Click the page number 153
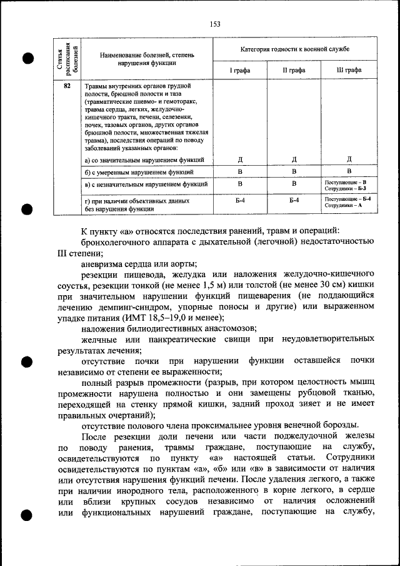pyautogui.click(x=215, y=24)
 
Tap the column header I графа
pyautogui.click(x=240, y=70)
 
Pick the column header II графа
pyautogui.click(x=294, y=70)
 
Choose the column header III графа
pyautogui.click(x=349, y=70)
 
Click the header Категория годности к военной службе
pyautogui.click(x=294, y=49)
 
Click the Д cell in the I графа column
pyautogui.click(x=240, y=159)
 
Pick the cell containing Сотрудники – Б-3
pyautogui.click(x=349, y=188)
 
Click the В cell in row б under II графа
pyautogui.click(x=294, y=171)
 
